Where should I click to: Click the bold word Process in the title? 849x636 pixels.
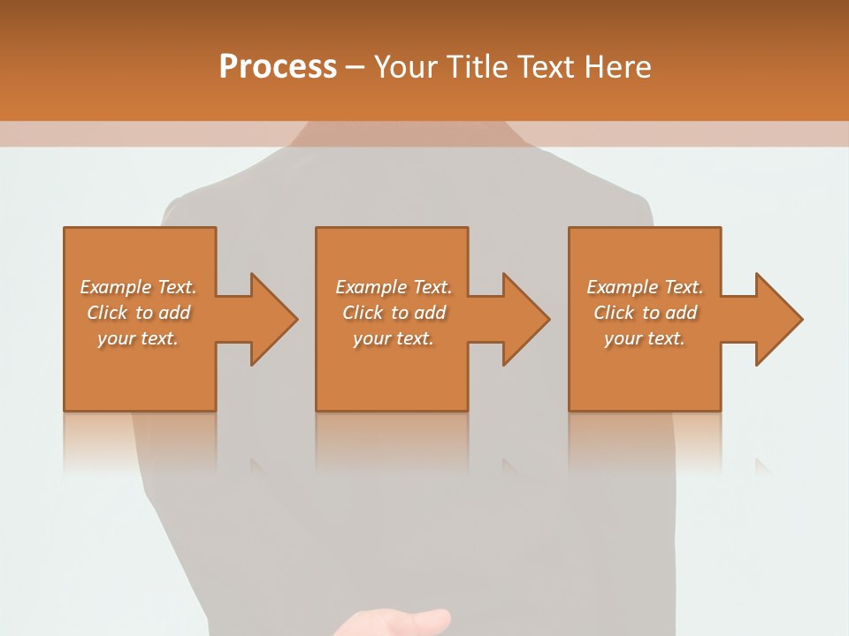(x=278, y=67)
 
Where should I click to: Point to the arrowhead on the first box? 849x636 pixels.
(x=272, y=319)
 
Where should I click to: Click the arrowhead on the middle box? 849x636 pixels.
(x=524, y=319)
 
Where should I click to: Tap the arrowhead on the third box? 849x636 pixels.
(x=777, y=319)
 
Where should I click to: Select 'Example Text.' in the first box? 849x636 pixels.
(x=138, y=287)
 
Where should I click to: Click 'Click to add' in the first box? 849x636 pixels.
(x=138, y=313)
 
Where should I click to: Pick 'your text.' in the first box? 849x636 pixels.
(x=138, y=338)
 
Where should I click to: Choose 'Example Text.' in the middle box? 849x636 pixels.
(x=393, y=287)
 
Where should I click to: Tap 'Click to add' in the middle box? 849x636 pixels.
(x=393, y=313)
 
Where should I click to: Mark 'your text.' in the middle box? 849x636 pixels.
(x=393, y=338)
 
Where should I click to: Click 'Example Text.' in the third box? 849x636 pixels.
(x=645, y=287)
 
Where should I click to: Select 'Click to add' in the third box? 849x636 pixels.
(x=645, y=313)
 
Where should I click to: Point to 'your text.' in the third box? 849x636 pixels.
(x=645, y=338)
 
